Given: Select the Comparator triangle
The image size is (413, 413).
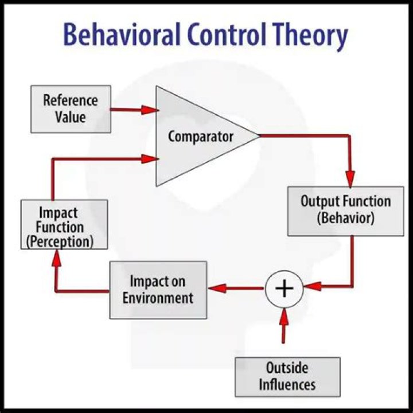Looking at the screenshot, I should [x=195, y=137].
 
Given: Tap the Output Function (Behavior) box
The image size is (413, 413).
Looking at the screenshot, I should [x=345, y=211].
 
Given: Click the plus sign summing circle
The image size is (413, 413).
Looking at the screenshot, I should [x=284, y=288].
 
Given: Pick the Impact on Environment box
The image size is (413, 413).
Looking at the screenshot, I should [x=158, y=290].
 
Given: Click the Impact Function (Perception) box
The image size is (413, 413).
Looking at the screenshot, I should [x=64, y=224].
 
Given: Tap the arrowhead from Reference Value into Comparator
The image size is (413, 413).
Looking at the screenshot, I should [x=150, y=110].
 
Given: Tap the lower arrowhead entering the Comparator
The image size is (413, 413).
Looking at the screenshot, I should [x=150, y=159].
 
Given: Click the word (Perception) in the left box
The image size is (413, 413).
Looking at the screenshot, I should [x=59, y=241].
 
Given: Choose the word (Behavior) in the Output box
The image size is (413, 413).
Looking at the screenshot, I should [x=346, y=219].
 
